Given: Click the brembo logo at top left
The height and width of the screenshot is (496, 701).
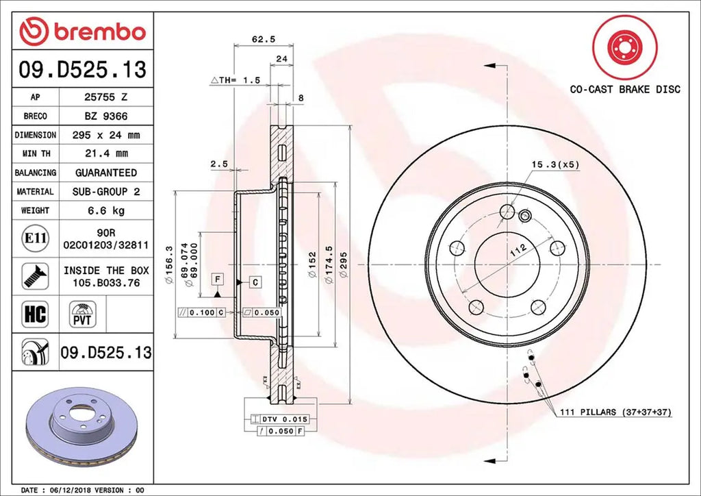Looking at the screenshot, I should (x=82, y=31).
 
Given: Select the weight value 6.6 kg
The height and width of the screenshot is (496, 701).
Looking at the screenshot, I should (x=105, y=210).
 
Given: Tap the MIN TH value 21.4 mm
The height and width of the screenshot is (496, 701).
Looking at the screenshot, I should (x=105, y=153).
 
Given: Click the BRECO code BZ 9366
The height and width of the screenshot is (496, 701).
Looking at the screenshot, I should (x=105, y=116).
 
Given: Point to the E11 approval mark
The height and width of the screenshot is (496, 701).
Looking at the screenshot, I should (x=35, y=238).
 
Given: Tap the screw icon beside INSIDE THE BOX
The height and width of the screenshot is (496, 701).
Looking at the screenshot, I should (x=34, y=275).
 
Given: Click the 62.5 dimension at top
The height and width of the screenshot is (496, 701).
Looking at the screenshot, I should (x=259, y=40).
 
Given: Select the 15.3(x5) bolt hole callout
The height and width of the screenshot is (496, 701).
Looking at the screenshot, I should (x=555, y=164).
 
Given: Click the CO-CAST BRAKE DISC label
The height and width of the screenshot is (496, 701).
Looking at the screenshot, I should (x=625, y=89).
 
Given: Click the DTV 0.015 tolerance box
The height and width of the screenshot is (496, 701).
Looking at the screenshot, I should (x=281, y=418).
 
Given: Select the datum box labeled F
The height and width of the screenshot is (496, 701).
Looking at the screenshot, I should (x=217, y=279).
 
